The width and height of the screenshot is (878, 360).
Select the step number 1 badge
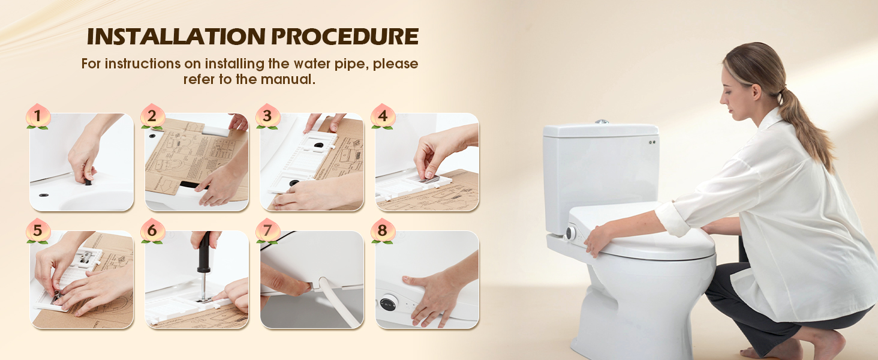[x=38, y=116]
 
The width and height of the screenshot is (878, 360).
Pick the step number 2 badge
[x=153, y=116]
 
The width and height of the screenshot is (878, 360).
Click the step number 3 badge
[x=267, y=116]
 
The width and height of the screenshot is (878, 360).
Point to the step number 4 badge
[x=383, y=116]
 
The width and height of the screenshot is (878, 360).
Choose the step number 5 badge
[x=38, y=232]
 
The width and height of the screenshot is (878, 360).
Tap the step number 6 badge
[x=153, y=232]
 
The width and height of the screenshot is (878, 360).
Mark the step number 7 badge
[x=267, y=232]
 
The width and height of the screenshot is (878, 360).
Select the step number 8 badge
[x=383, y=232]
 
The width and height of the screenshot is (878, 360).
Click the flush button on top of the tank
[x=602, y=122]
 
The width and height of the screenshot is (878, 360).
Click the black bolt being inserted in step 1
[x=88, y=182]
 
